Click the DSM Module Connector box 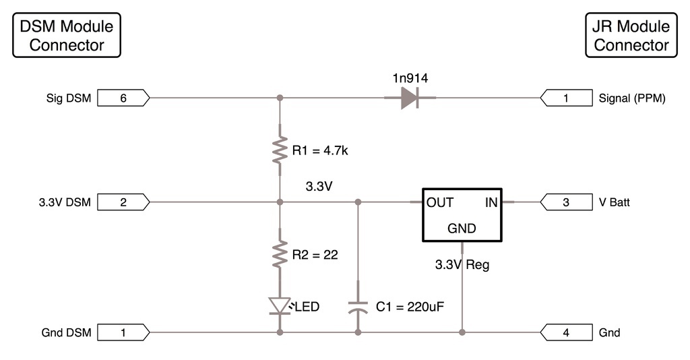pyautogui.click(x=67, y=36)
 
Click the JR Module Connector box pyautogui.click(x=631, y=36)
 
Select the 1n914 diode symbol pyautogui.click(x=409, y=98)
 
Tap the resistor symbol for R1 pyautogui.click(x=280, y=151)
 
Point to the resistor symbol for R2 pyautogui.click(x=280, y=256)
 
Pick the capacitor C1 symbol pyautogui.click(x=358, y=307)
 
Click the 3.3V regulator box pyautogui.click(x=462, y=214)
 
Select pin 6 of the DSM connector pyautogui.click(x=124, y=98)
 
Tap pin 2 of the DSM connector pyautogui.click(x=124, y=202)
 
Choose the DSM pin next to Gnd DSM pyautogui.click(x=124, y=332)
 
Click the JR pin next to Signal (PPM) pyautogui.click(x=566, y=98)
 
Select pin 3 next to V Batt pyautogui.click(x=566, y=202)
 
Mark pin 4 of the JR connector pyautogui.click(x=566, y=332)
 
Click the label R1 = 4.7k pyautogui.click(x=320, y=150)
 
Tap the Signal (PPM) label pyautogui.click(x=632, y=98)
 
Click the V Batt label pyautogui.click(x=615, y=202)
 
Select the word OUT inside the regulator pyautogui.click(x=440, y=202)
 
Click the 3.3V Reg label pyautogui.click(x=462, y=265)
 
